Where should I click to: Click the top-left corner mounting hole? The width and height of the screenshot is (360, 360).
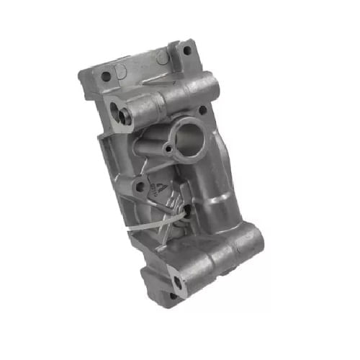(x=106, y=76)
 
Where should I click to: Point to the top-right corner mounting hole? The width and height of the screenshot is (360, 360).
(x=186, y=50)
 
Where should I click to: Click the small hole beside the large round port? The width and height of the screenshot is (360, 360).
(x=168, y=149)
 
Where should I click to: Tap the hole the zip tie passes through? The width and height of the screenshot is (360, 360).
(x=189, y=211)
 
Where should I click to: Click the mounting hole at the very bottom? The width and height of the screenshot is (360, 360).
(x=173, y=295)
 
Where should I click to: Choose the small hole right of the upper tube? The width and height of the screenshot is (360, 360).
(x=202, y=110)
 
